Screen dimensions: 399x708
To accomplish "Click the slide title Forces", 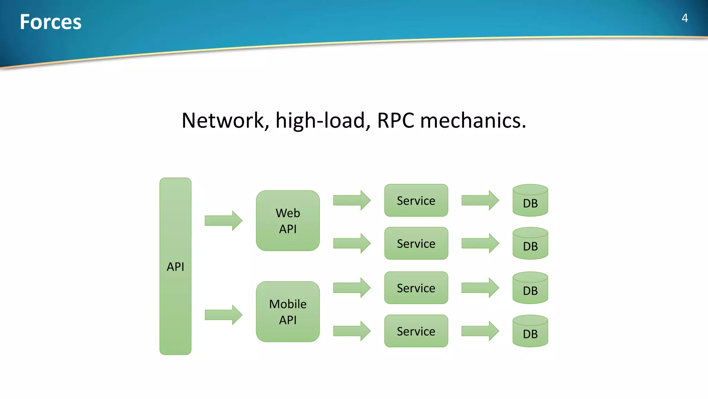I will (50, 22).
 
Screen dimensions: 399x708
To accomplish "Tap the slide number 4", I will (684, 18).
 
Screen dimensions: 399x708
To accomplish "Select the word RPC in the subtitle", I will (395, 121).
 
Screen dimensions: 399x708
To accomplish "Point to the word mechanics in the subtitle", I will (473, 121).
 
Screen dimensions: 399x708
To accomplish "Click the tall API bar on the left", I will (175, 266).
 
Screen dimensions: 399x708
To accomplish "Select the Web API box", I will (288, 221).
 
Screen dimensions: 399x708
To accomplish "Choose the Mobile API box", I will (288, 312).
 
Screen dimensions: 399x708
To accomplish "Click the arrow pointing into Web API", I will (223, 221).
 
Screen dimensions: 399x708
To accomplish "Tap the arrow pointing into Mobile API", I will (223, 315).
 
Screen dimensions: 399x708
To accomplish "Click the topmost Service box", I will (416, 201).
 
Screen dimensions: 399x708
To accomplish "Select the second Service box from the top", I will (416, 243).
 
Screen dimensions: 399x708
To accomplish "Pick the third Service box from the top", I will (416, 288).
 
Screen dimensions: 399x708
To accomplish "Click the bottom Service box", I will (416, 331).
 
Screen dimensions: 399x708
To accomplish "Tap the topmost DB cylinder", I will (530, 201).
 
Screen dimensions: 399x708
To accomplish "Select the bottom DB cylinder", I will (530, 331).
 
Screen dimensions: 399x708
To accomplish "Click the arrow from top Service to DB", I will (480, 200).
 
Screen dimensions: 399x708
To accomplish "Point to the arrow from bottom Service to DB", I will (480, 331).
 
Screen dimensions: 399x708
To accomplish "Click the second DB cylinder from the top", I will (530, 244).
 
